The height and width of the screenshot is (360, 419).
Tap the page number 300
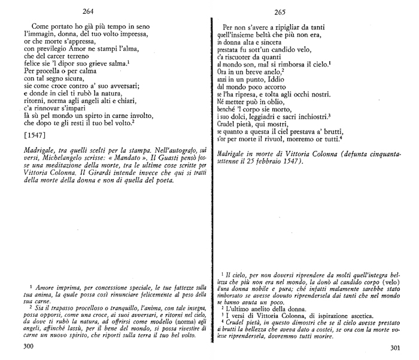(28, 347)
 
